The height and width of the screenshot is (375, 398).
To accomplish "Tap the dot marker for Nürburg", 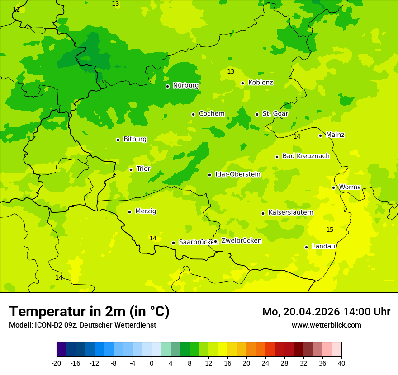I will click(167, 86).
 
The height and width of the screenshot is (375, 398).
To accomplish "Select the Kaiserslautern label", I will click(291, 212).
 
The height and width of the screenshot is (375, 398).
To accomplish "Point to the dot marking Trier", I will click(131, 169).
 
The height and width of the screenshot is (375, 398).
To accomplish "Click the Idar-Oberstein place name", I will click(238, 174).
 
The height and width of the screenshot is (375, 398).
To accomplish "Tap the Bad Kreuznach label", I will click(306, 156).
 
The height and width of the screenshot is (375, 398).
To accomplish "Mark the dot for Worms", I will click(333, 187).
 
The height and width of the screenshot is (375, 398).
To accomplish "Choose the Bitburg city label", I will click(135, 139).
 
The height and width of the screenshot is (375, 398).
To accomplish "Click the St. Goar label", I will click(275, 114).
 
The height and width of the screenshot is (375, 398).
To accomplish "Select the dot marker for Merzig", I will click(129, 212).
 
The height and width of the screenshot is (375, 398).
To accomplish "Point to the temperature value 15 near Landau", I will click(330, 230).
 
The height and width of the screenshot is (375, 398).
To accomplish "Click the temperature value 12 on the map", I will click(16, 9).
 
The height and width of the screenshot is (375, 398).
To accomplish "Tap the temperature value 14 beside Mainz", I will click(297, 136).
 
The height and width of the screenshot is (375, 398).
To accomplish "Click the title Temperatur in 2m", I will click(89, 312).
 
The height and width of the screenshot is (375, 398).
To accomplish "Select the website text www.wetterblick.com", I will click(326, 325).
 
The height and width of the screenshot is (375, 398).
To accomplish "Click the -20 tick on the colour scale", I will click(57, 363).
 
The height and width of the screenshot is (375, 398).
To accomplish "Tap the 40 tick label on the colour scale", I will click(341, 363).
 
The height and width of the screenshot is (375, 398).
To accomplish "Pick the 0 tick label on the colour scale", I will click(152, 363).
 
